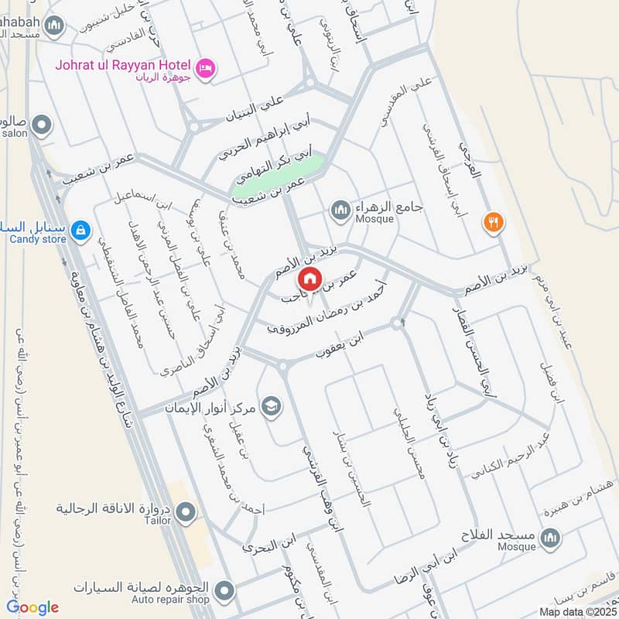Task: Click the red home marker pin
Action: tap(309, 278)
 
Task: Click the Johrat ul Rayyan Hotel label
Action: tap(124, 64)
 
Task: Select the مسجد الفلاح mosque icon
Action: tap(550, 537)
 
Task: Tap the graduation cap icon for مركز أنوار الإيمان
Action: tap(271, 405)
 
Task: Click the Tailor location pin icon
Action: tap(186, 512)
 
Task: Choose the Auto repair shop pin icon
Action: tap(224, 592)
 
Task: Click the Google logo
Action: tap(32, 607)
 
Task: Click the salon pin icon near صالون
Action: tap(42, 124)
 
